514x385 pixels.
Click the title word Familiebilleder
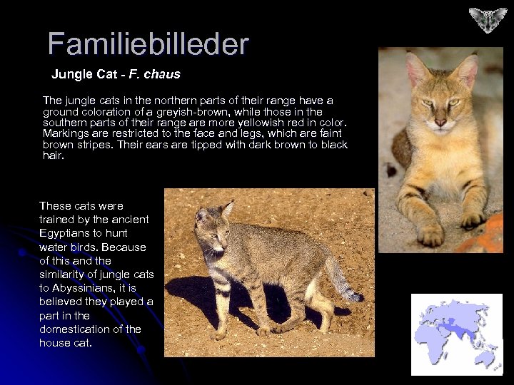(148, 44)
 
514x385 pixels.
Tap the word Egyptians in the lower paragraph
(64, 233)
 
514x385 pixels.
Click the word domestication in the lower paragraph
(70, 329)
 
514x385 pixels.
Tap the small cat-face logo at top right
(488, 20)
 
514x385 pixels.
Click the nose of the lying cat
(440, 123)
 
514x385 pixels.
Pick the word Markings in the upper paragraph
(63, 133)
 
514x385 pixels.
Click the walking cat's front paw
(218, 334)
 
